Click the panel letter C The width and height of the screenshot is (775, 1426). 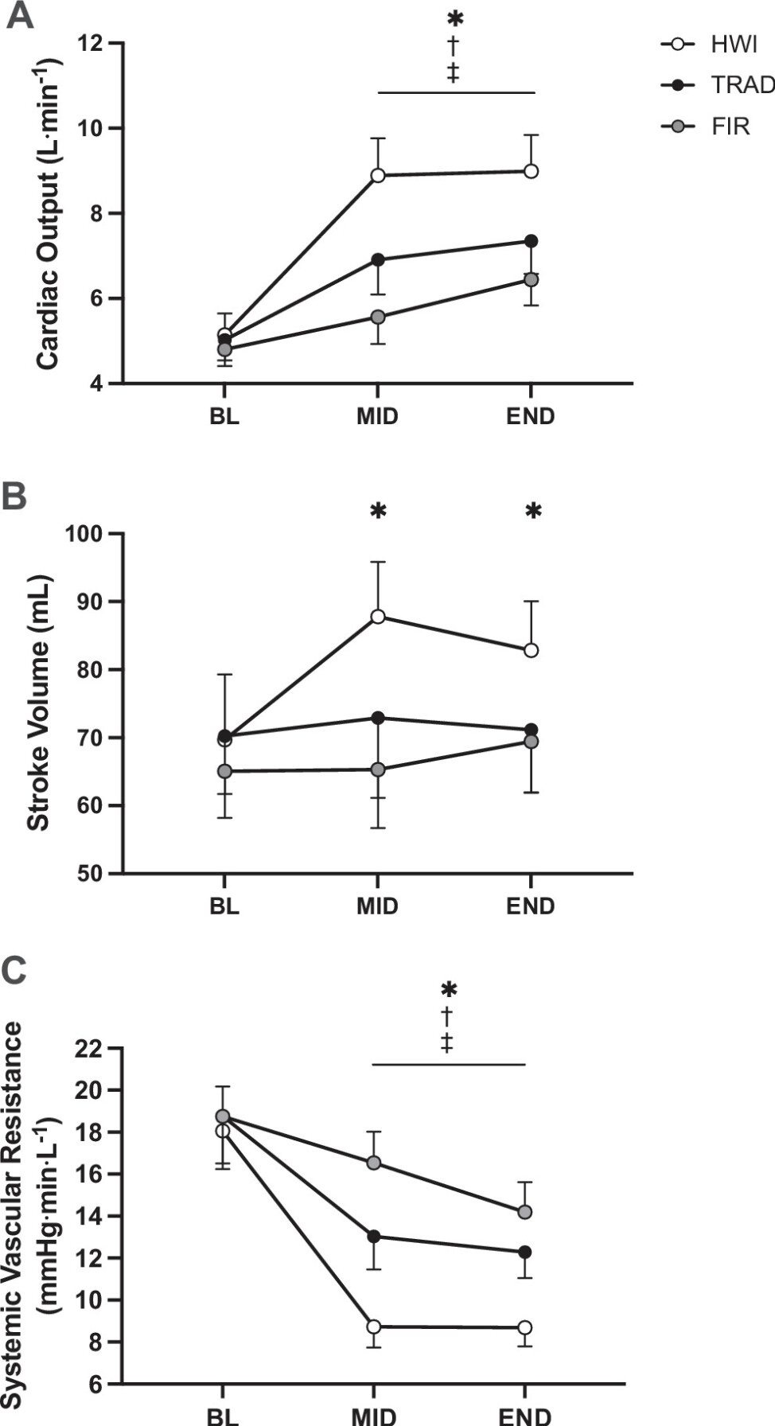tap(15, 971)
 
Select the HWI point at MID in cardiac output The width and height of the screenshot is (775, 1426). tap(378, 175)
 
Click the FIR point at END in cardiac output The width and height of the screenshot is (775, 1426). tap(531, 279)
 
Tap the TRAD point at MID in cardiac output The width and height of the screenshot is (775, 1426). tap(378, 259)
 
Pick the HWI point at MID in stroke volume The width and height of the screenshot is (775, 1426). tap(378, 616)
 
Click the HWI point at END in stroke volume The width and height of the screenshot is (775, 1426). tap(531, 650)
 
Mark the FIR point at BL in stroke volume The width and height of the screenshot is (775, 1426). tap(224, 771)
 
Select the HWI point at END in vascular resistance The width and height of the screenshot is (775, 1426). tap(524, 1327)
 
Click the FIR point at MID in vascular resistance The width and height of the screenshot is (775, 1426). tap(372, 1163)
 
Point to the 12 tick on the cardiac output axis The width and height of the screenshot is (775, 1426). tap(95, 43)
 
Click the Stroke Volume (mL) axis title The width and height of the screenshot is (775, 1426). tap(38, 703)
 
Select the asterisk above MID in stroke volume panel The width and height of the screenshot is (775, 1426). tap(378, 511)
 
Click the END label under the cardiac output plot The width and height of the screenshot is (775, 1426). tap(530, 416)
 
